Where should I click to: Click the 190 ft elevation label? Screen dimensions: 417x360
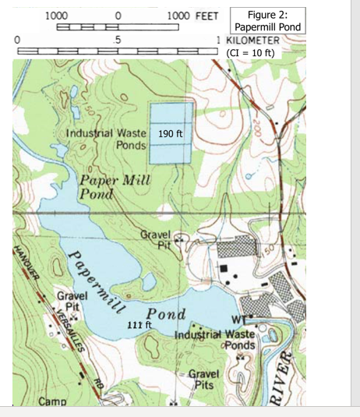[x=170, y=133]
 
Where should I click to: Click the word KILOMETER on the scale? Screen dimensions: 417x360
[x=254, y=39]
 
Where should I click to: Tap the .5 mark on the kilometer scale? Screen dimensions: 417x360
[x=117, y=39]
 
